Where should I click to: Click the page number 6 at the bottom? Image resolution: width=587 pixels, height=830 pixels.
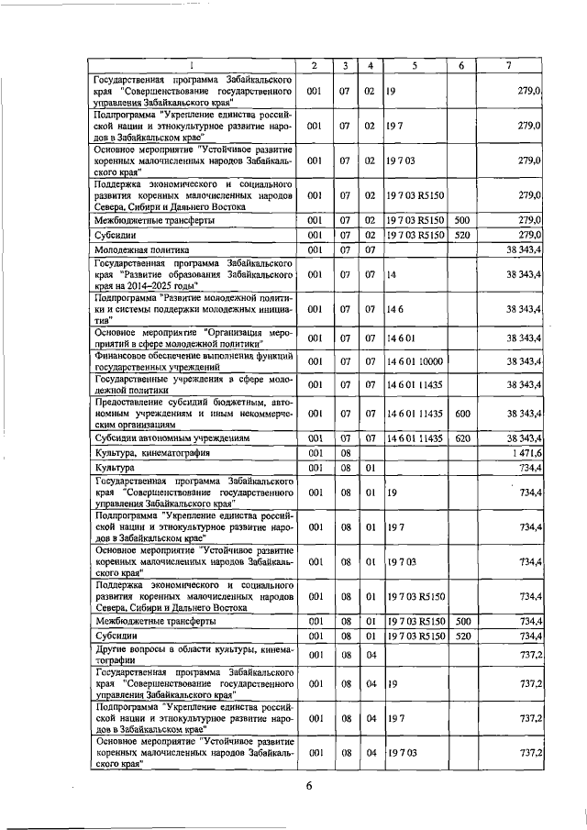coord(310,786)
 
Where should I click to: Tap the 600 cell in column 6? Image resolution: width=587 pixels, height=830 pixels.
coord(462,414)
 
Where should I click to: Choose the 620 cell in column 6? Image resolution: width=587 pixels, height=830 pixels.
coord(462,439)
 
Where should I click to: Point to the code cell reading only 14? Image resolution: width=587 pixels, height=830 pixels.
coord(392,274)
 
